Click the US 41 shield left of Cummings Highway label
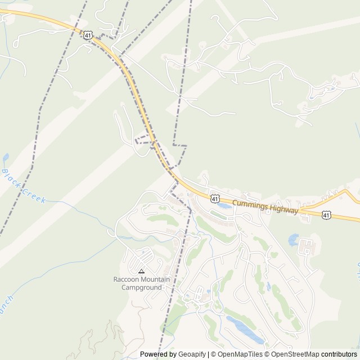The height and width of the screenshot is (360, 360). [215, 198]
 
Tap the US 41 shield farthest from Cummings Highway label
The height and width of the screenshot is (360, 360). [87, 35]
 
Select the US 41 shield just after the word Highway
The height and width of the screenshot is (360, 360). [326, 215]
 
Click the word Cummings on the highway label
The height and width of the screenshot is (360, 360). [250, 203]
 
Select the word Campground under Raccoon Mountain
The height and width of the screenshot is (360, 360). [142, 287]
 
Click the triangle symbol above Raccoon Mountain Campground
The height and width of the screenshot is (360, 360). [141, 271]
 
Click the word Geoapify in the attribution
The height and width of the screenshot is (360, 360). [192, 354]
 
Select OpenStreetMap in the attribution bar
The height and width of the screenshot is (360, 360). [296, 354]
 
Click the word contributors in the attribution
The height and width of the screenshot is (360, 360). [339, 354]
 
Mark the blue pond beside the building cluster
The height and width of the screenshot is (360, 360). [293, 240]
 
